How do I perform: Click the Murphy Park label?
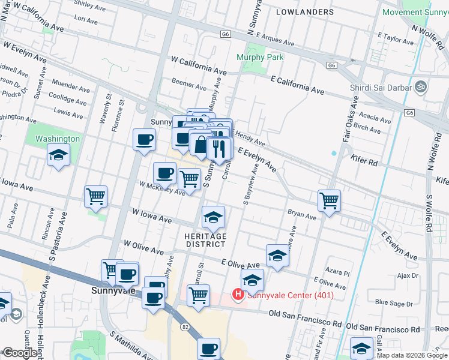(260, 57)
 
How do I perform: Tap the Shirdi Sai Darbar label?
(381, 88)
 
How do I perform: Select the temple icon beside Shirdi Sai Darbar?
(420, 87)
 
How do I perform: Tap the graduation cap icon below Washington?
(59, 156)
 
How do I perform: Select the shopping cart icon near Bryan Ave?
(329, 200)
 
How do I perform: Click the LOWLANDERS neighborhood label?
(305, 12)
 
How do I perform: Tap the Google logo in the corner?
(20, 353)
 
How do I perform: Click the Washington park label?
(58, 139)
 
